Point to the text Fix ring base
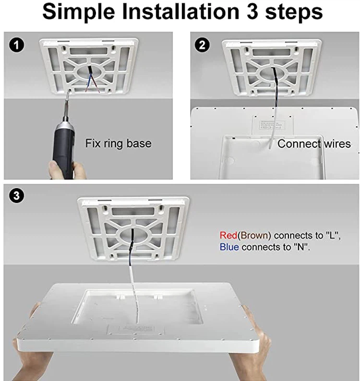pos(118,143)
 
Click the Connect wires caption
pos(314,143)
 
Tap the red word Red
pos(228,236)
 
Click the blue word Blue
pos(229,248)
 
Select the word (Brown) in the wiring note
pos(254,236)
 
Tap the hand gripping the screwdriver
pos(60,168)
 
